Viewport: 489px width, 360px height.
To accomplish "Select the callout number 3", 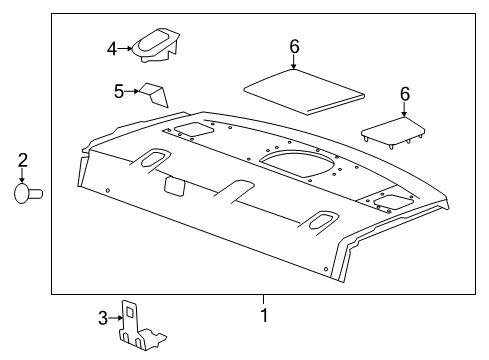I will (x=102, y=318).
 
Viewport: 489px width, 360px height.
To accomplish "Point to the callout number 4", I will (x=113, y=47).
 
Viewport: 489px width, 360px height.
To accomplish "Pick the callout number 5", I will (x=118, y=91).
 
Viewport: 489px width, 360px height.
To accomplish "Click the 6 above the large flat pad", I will (x=294, y=47).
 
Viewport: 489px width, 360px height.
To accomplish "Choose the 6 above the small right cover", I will (x=405, y=93).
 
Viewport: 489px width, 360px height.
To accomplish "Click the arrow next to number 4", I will (x=128, y=47).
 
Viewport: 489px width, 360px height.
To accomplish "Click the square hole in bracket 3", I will (x=130, y=313).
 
